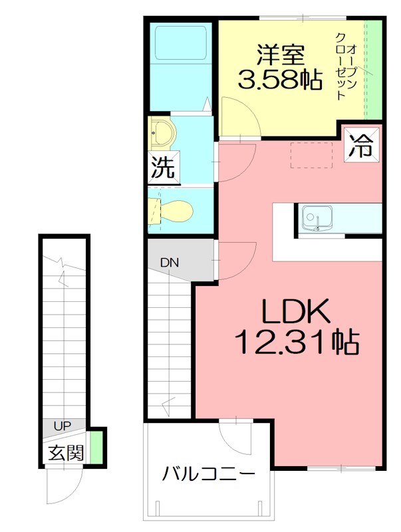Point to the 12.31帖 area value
pos(296,343)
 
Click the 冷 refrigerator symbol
pos(362,146)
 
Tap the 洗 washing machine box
pos(162,168)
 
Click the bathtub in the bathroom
pos(182,41)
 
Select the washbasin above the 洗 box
pos(160,134)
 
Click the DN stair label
pos(169,262)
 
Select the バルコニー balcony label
pos(209,475)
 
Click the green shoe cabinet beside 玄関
pos(97,447)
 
